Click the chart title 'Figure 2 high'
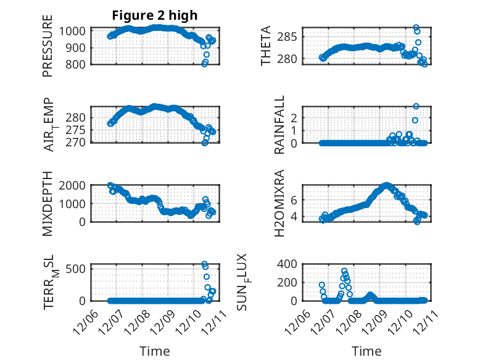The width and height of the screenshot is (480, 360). [154, 15]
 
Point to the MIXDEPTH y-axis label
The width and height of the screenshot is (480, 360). [48, 204]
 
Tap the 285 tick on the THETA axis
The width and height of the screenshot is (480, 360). [292, 36]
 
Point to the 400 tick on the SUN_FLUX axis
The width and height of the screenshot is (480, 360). [290, 264]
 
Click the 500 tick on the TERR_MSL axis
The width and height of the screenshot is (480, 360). [78, 269]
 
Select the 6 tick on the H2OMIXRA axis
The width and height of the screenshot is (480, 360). [295, 199]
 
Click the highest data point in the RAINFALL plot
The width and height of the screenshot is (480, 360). [416, 106]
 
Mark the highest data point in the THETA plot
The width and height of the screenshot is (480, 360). [416, 28]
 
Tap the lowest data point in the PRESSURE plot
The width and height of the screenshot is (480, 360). [205, 64]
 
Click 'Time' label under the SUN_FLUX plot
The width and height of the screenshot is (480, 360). [366, 351]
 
